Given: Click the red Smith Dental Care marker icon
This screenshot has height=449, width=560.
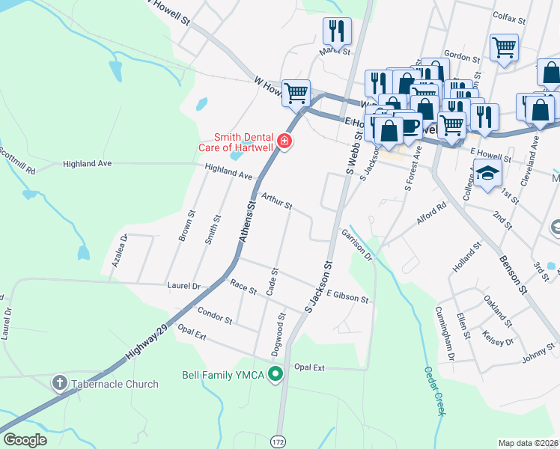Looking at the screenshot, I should pyautogui.click(x=284, y=141).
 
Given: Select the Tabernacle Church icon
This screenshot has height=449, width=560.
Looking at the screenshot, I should pyautogui.click(x=60, y=384).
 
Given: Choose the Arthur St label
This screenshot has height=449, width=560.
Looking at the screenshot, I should pyautogui.click(x=276, y=200).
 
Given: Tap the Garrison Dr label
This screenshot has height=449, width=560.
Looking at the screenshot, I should pyautogui.click(x=357, y=245).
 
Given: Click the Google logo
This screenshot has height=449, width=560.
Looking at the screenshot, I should pyautogui.click(x=25, y=440).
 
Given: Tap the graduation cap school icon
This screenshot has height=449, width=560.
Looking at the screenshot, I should pyautogui.click(x=487, y=174).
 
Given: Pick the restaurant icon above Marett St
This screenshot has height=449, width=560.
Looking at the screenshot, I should pyautogui.click(x=337, y=31).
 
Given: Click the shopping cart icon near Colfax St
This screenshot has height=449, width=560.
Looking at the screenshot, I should pyautogui.click(x=504, y=46).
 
